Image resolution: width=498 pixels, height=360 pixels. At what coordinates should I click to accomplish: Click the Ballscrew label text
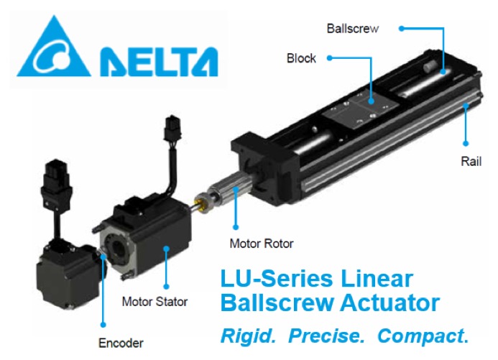[353, 29]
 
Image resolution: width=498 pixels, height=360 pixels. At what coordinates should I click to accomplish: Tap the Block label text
[301, 58]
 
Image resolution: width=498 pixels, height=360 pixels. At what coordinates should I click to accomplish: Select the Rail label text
[471, 161]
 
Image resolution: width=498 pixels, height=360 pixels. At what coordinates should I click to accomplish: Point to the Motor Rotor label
[262, 244]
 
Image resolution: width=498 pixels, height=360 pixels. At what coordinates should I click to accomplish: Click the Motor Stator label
[155, 302]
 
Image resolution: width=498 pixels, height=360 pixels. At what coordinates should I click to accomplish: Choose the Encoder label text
[121, 343]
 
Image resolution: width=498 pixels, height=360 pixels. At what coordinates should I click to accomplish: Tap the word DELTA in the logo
[159, 62]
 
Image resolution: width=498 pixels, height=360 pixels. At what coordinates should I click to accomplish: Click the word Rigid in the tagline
[248, 336]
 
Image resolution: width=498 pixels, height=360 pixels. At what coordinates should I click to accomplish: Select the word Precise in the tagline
[326, 336]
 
